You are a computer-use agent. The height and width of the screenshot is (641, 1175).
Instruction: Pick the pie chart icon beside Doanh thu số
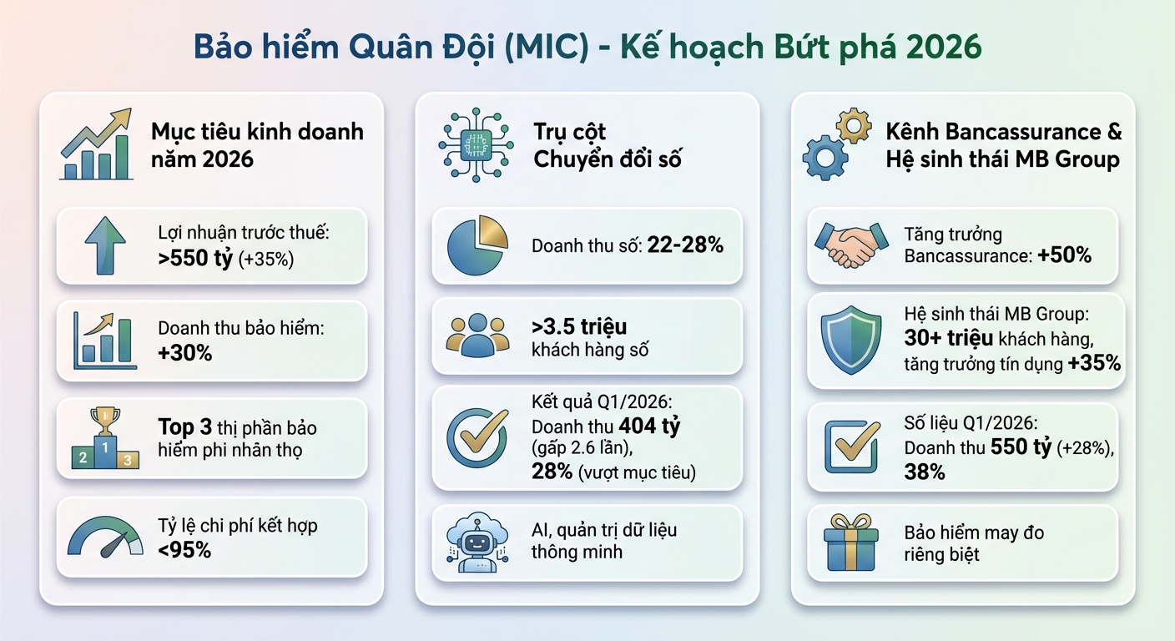point(477,245)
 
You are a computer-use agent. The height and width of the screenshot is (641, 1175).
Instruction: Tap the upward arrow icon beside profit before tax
point(105,245)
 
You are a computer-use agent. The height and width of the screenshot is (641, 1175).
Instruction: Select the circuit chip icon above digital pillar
point(477,144)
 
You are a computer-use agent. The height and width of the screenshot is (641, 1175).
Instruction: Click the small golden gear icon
point(853,125)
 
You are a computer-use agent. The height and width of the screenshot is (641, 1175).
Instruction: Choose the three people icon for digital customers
point(477,336)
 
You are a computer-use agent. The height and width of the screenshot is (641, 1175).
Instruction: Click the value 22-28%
point(684,246)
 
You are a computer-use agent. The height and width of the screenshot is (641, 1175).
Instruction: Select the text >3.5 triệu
point(579,326)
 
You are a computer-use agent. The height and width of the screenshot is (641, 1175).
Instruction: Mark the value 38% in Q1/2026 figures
point(925,472)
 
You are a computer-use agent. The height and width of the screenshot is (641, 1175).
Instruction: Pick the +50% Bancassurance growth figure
point(1064,255)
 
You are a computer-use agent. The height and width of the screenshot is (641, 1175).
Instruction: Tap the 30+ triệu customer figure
point(949,338)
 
